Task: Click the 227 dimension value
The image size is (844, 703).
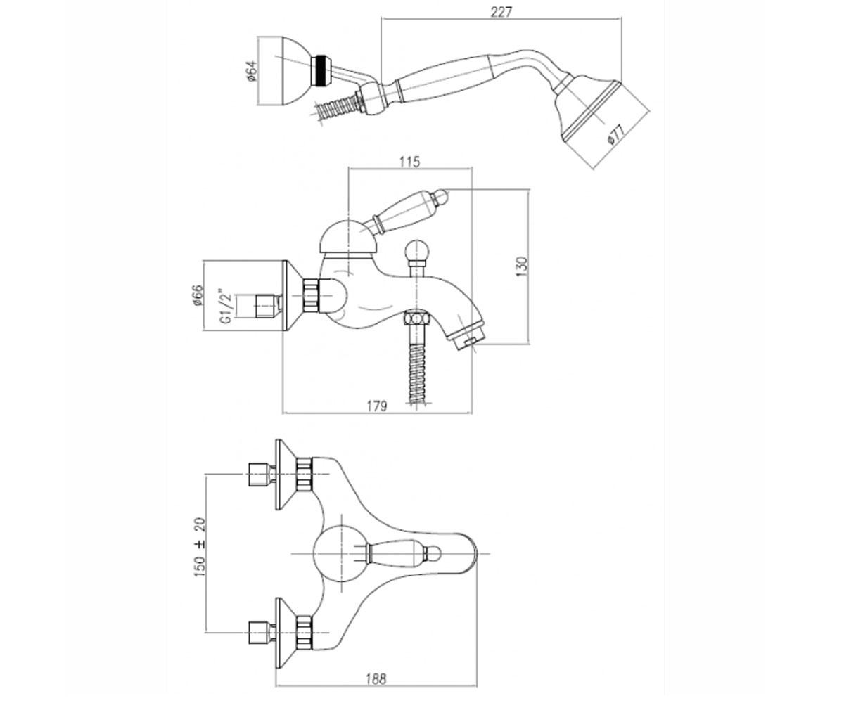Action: tap(501, 12)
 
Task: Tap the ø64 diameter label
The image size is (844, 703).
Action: tap(252, 72)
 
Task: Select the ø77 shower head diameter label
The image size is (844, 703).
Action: tap(616, 134)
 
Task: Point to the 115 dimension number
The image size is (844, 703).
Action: tap(410, 161)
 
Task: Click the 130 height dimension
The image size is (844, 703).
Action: tap(522, 266)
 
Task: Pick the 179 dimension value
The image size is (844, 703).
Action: tap(377, 405)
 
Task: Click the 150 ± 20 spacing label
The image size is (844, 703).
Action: tap(200, 547)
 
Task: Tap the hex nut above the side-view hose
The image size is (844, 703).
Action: tap(417, 318)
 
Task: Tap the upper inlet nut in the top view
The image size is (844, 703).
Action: tap(304, 474)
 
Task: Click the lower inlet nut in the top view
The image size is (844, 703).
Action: tap(304, 632)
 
